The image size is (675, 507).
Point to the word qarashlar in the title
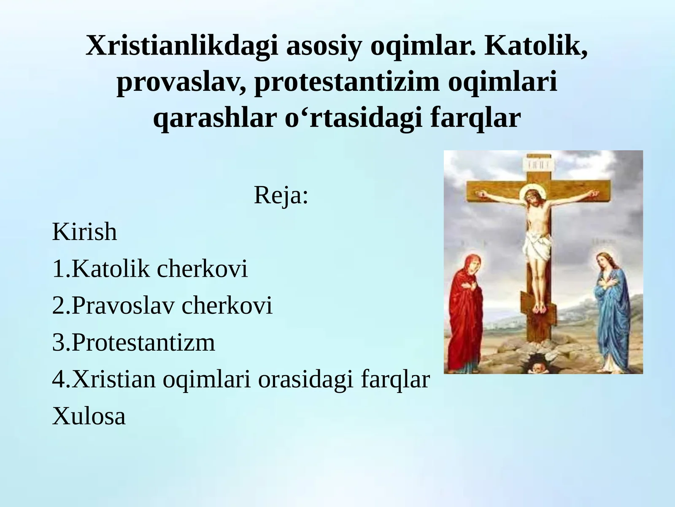click(x=214, y=118)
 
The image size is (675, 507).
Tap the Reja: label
click(x=281, y=195)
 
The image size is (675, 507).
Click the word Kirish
click(x=84, y=232)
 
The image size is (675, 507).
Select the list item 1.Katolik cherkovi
click(x=150, y=269)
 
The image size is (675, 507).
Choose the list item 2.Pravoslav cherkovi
click(x=162, y=305)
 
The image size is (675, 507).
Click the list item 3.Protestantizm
click(x=133, y=342)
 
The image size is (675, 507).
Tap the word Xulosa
click(x=89, y=416)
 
